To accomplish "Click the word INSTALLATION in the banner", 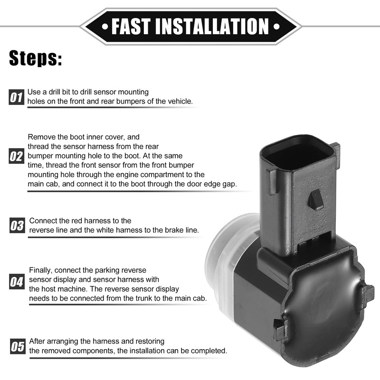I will (215, 26).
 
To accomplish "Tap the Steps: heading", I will (36, 59).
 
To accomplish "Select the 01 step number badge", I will (16, 98).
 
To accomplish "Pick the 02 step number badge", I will (16, 156).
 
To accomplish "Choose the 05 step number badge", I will (17, 346).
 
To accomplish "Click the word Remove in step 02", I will (40, 137).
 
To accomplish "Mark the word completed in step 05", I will (209, 351).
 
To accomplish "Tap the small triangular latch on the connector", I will (315, 200).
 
